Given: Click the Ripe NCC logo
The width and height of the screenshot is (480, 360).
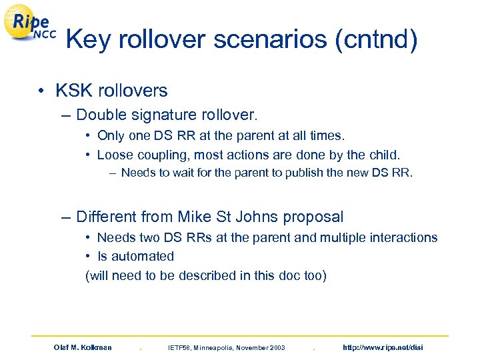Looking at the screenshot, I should pyautogui.click(x=31, y=27).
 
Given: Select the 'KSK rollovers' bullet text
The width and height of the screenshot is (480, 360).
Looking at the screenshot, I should pyautogui.click(x=111, y=90).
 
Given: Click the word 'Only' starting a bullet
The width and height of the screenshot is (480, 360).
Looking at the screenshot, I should pyautogui.click(x=110, y=136).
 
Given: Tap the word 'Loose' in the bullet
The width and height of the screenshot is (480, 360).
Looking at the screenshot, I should pyautogui.click(x=114, y=155).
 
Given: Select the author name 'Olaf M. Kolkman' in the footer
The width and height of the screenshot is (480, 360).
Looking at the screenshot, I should pyautogui.click(x=83, y=347).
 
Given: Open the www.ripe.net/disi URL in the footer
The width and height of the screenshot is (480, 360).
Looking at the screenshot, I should pyautogui.click(x=382, y=347).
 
